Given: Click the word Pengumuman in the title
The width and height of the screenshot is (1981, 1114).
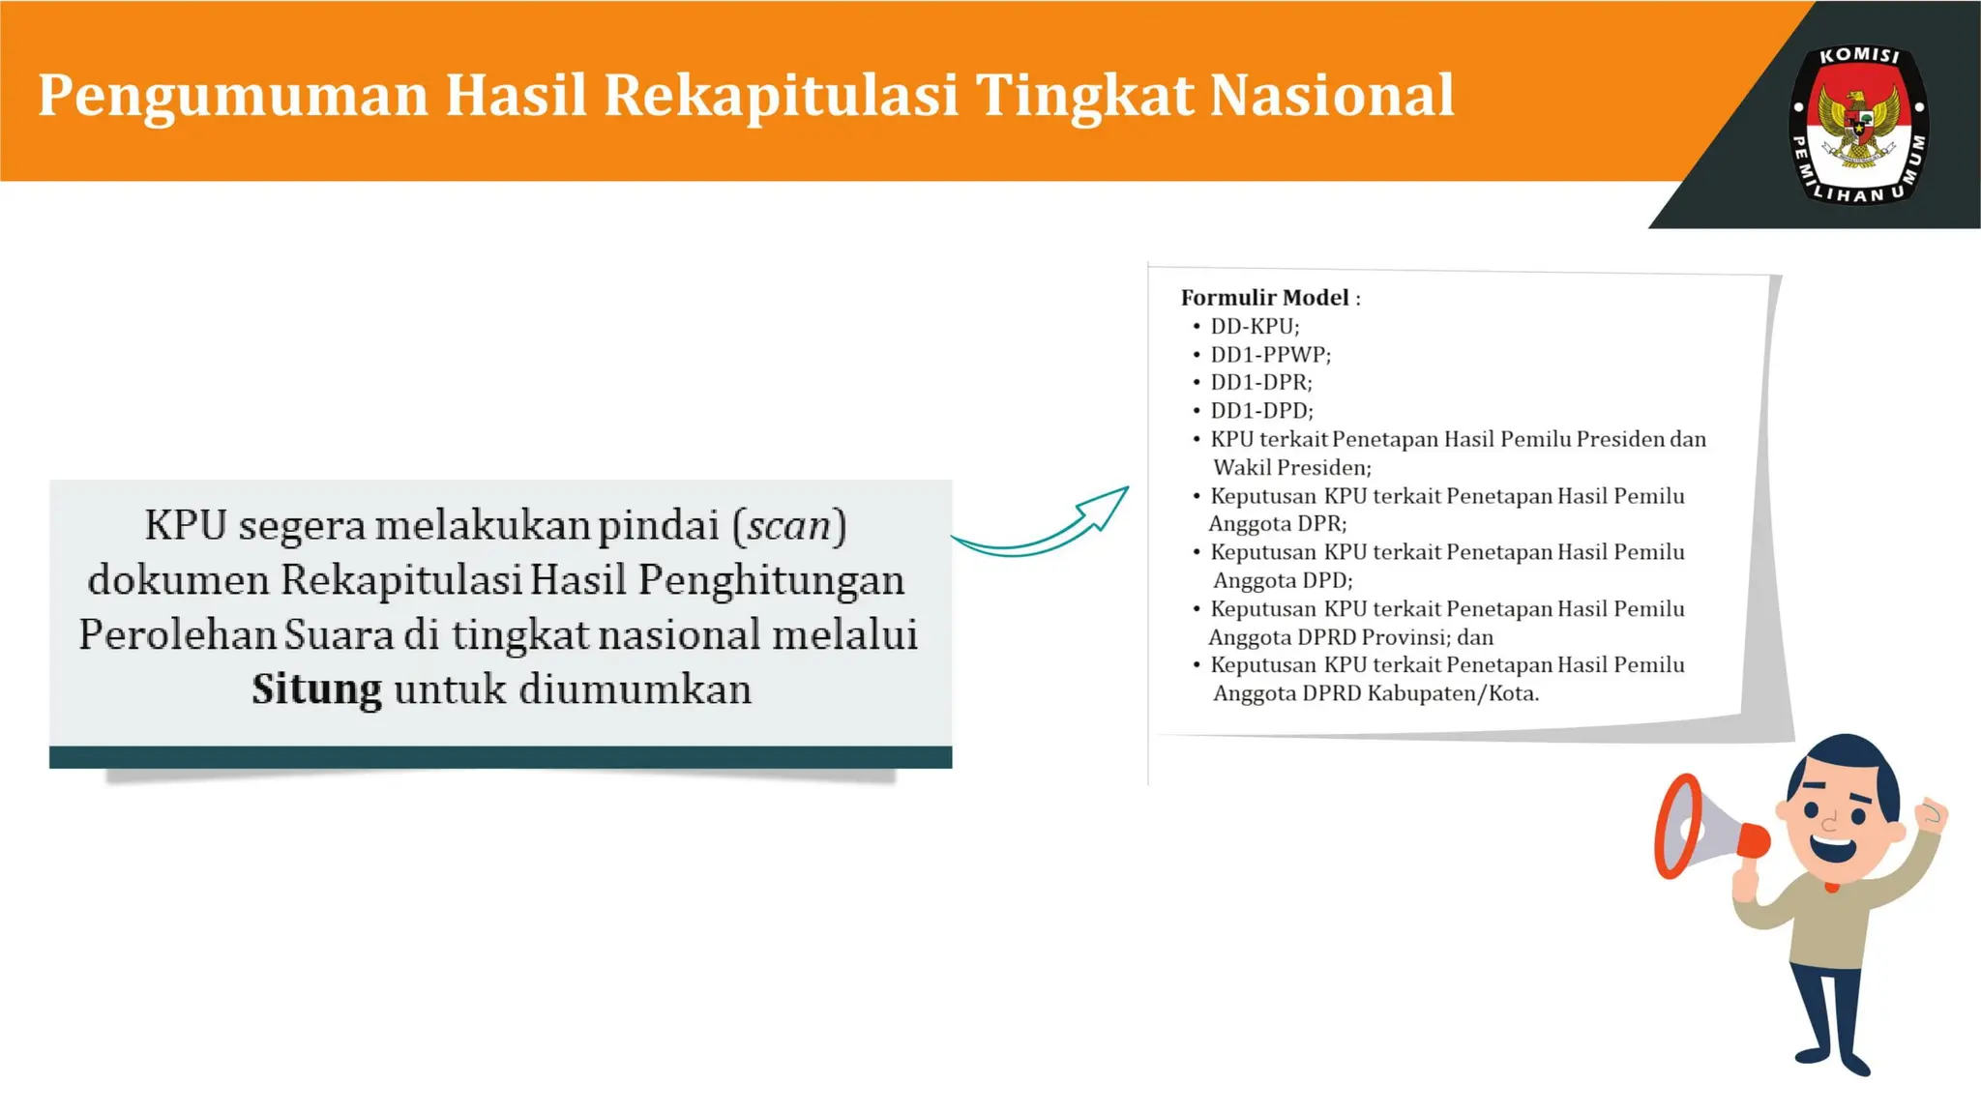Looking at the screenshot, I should [x=232, y=96].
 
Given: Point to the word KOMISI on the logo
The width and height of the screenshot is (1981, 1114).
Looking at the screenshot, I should [x=1859, y=56].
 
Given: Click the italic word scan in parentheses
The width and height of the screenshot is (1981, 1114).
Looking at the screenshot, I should [x=788, y=526].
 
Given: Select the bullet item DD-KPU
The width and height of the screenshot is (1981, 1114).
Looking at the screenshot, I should [x=1255, y=327].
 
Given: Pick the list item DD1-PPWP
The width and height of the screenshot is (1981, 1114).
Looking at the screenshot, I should [x=1270, y=355].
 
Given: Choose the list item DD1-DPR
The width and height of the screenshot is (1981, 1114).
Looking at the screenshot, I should [x=1260, y=383].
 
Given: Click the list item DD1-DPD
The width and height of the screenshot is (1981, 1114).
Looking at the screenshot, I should [x=1261, y=411].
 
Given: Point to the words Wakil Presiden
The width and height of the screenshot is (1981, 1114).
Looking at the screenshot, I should [x=1291, y=468].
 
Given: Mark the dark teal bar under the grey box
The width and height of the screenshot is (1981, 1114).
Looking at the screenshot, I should [x=500, y=757].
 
